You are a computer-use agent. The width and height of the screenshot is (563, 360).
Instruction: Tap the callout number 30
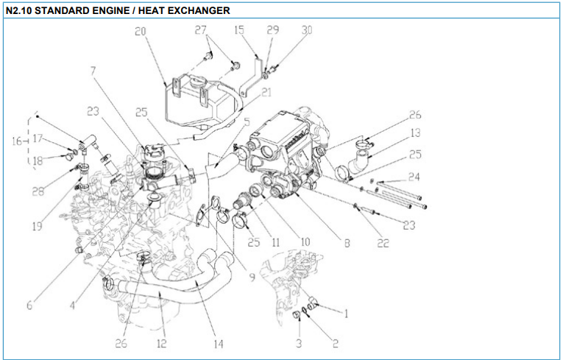coord(307,30)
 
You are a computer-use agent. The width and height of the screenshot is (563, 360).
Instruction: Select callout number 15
coord(239,30)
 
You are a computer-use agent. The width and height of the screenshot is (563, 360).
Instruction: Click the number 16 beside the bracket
coord(16,141)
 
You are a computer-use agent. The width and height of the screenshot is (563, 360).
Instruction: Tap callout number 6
coord(30,304)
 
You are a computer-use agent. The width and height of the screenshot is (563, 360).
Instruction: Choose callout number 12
coord(161,343)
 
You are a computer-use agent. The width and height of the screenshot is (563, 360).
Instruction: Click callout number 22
coord(383,243)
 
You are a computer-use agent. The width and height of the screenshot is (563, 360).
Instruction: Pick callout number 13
coord(415,133)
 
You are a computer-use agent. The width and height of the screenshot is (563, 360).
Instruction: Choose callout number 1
coord(346,312)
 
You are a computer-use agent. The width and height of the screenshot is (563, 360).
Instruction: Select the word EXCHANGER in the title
coord(192,11)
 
